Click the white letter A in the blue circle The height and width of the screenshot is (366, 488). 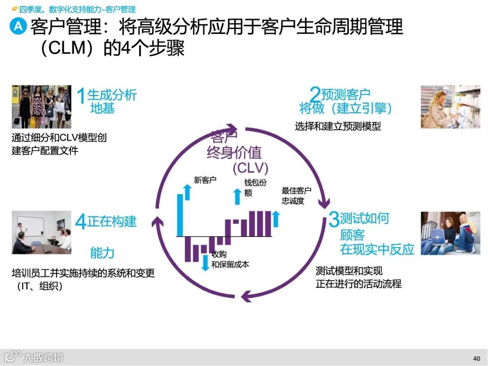pos(18,26)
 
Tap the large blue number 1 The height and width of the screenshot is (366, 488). pos(81,97)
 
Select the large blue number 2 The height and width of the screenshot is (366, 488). pos(315,95)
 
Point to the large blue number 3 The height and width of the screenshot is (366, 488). pos(333,220)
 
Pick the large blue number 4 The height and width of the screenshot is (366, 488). pos(81,222)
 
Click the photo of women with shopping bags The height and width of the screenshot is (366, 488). pos(42,106)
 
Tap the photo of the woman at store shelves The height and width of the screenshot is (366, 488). pos(450,107)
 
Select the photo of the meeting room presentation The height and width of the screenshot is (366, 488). pos(42,232)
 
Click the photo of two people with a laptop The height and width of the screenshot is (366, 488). pos(450,233)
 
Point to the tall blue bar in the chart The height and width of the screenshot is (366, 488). pos(180,215)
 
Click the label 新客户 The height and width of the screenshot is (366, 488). pos(205,180)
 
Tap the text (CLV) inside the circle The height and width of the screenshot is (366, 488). pos(250,168)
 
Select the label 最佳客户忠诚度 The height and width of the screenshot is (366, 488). pos(296,196)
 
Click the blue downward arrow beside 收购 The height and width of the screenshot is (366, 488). pos(206,263)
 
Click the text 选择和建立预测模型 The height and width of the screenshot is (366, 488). pos(338,127)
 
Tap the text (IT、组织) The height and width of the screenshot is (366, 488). pos(37,286)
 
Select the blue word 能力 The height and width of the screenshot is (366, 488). pos(102,253)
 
